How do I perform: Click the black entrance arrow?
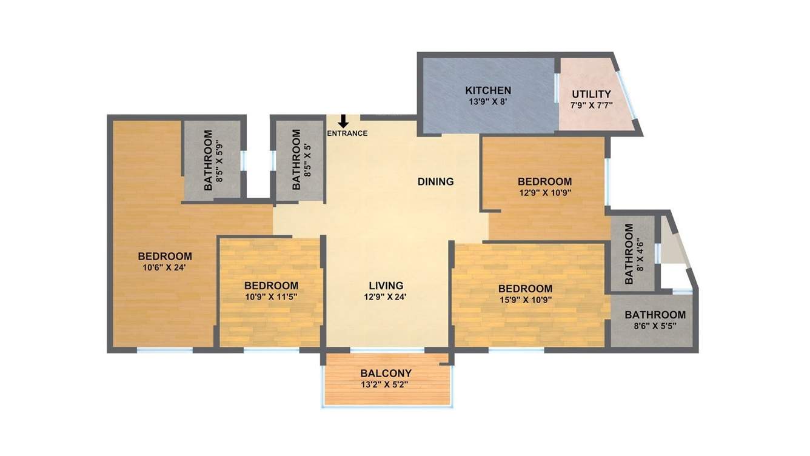point(343,121)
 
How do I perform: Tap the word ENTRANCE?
point(347,133)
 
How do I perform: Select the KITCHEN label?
point(488,90)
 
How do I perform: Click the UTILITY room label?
point(592,94)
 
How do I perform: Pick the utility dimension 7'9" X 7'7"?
point(592,105)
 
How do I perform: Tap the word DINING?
point(435,181)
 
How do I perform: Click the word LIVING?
point(386,286)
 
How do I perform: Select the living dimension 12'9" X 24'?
point(386,297)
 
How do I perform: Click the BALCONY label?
point(386,374)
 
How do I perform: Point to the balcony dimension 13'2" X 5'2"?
point(386,384)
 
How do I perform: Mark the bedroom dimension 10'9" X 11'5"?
point(271,297)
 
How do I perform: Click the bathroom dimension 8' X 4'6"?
point(640,255)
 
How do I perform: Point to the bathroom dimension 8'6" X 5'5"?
point(655,326)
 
